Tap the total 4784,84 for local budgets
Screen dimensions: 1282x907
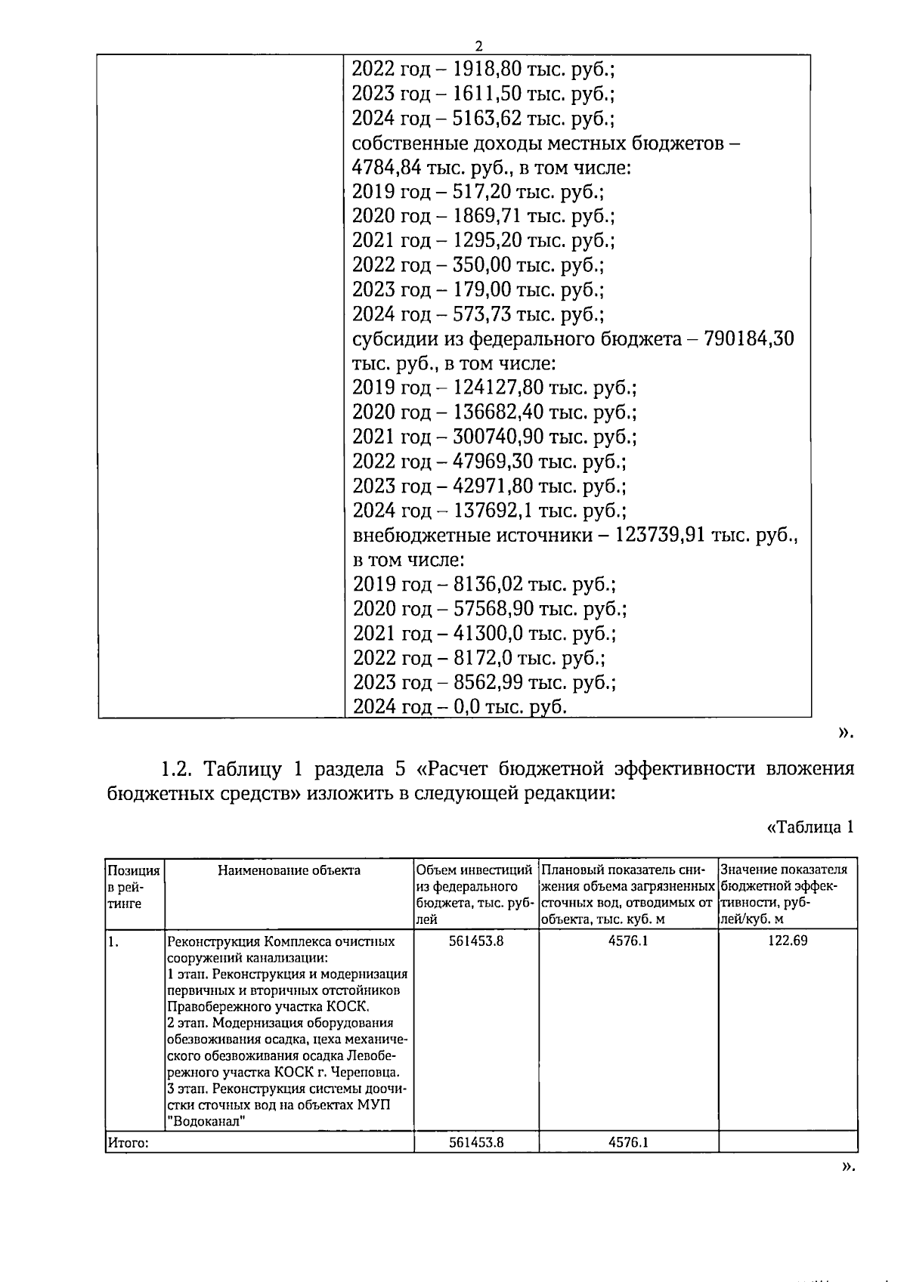[384, 168]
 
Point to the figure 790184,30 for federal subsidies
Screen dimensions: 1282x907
[749, 339]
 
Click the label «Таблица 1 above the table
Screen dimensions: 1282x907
[810, 827]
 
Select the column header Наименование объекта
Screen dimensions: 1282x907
[289, 870]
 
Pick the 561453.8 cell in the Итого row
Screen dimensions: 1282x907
[476, 1142]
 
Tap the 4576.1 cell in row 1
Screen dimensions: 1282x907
[628, 941]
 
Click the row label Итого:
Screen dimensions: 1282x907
[128, 1143]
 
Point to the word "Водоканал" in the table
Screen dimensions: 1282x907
[207, 1121]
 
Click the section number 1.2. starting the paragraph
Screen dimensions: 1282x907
[179, 770]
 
